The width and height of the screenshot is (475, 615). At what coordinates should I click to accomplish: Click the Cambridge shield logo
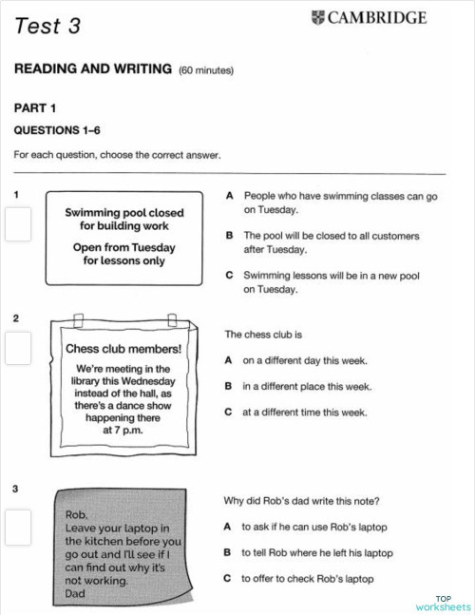[x=316, y=17]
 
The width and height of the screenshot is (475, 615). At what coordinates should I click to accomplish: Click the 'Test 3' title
[x=47, y=27]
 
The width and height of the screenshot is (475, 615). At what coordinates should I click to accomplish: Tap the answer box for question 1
[x=18, y=225]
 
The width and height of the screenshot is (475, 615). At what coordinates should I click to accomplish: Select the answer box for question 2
[x=18, y=347]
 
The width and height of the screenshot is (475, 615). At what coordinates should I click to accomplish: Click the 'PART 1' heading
[x=35, y=107]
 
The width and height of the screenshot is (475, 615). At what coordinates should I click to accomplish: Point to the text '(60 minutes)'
[x=206, y=70]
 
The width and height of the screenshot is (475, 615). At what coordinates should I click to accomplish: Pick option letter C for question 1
[x=229, y=276]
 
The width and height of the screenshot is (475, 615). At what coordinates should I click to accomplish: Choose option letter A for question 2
[x=229, y=361]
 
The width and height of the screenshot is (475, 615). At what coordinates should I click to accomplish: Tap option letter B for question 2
[x=229, y=387]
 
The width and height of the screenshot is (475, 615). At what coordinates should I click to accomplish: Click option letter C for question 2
[x=229, y=413]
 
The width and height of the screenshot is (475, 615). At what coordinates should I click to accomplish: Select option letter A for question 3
[x=229, y=527]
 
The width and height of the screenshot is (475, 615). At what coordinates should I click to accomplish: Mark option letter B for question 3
[x=229, y=552]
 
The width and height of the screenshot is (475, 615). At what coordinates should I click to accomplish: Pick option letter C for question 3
[x=229, y=578]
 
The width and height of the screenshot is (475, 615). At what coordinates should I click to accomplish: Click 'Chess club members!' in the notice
[x=123, y=348]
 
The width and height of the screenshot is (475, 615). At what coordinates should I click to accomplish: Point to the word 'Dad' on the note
[x=75, y=593]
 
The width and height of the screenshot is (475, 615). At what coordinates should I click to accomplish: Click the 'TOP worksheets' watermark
[x=443, y=602]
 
